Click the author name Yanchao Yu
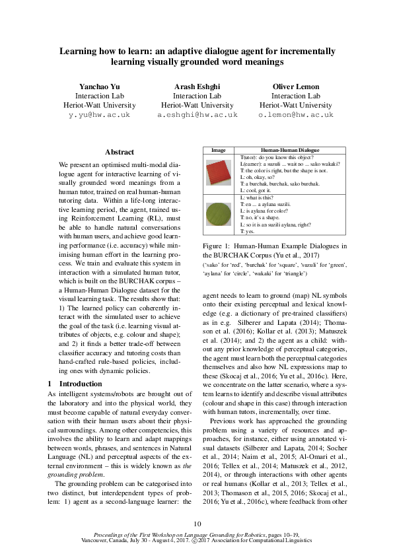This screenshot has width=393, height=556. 96,87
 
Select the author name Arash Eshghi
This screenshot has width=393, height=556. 197,87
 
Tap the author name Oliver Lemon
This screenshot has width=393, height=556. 295,87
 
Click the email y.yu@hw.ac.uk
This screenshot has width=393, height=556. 96,114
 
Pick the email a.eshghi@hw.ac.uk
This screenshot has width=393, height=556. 197,114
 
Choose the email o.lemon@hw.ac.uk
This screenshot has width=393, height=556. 295,114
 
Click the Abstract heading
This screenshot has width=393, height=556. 120,152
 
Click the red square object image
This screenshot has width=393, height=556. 218,174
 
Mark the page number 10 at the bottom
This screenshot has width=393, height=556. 197,524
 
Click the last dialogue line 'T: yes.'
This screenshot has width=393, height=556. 248,232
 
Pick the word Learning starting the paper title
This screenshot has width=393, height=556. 78,50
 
